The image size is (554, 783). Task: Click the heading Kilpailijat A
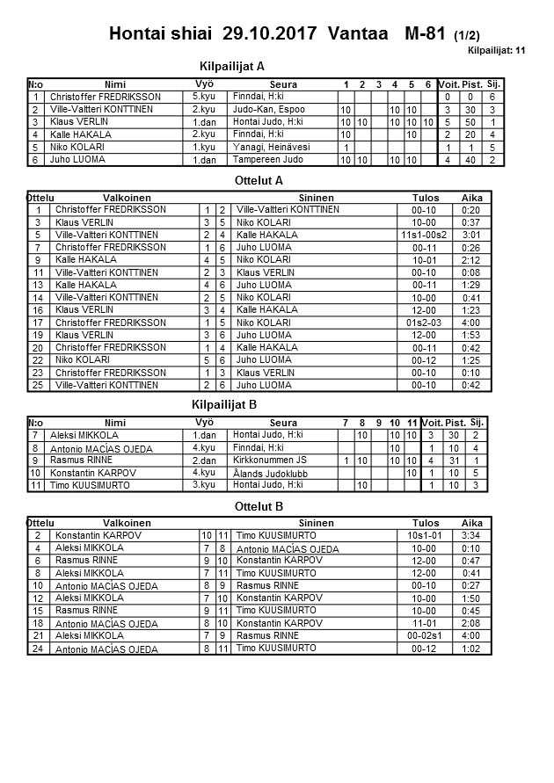pos(232,66)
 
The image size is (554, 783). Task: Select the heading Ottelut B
pos(259,506)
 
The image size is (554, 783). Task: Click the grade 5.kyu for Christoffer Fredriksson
pos(205,96)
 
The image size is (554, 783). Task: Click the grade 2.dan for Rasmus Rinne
pos(204,460)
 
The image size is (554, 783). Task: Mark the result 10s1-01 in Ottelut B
pos(426,535)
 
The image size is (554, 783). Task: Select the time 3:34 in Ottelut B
pos(471,535)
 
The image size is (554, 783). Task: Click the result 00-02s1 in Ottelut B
pos(426,636)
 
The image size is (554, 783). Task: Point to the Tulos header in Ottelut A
pos(426,199)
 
